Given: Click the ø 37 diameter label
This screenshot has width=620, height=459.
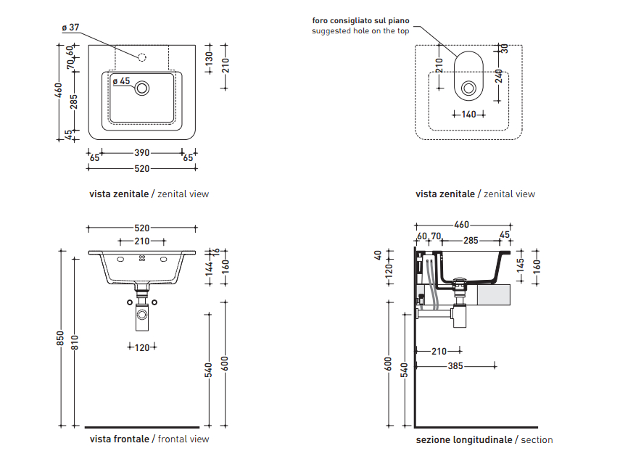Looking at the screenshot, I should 70,28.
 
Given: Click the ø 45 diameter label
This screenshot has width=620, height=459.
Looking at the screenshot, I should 121,81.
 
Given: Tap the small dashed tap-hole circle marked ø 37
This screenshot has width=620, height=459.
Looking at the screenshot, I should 142,57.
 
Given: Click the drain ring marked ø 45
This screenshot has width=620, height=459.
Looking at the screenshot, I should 142,88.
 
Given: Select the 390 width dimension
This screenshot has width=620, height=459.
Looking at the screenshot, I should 141,153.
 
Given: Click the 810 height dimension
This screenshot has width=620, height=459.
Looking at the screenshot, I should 73,338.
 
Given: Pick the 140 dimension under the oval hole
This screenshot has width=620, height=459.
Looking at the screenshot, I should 468,115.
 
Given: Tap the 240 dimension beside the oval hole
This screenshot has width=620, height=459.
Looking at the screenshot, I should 499,76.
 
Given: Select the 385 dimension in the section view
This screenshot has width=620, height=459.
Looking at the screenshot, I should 455,366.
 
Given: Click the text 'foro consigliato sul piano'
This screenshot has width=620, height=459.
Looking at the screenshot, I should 360,20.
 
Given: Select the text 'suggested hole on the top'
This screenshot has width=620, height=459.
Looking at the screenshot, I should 360,31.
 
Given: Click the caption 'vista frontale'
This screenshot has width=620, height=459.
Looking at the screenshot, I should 120,439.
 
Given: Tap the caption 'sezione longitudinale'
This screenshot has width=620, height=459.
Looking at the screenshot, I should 463,439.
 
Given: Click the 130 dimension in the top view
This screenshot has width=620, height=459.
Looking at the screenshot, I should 209,56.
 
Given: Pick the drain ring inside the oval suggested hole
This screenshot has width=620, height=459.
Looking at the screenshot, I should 468,88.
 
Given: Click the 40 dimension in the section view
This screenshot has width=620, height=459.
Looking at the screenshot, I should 389,255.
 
